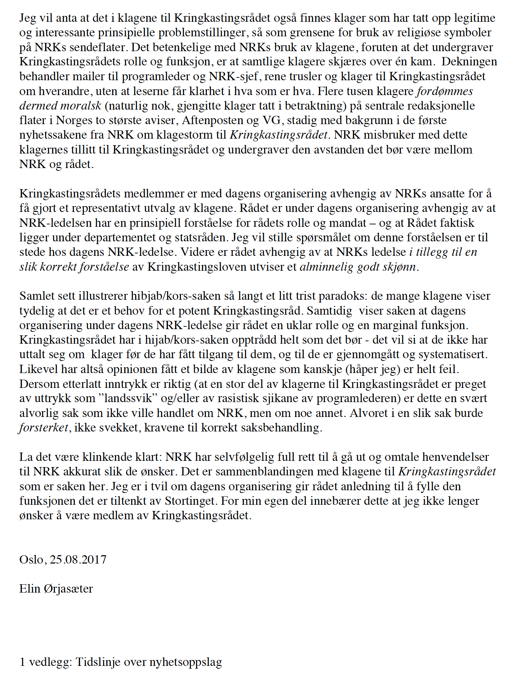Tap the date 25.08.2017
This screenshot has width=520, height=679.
coord(78,559)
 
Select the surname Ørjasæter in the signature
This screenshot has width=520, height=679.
coord(68,589)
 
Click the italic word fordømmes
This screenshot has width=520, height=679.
coord(445,91)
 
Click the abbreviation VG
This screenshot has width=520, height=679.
coord(271,120)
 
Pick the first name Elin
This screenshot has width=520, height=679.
coord(30,589)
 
